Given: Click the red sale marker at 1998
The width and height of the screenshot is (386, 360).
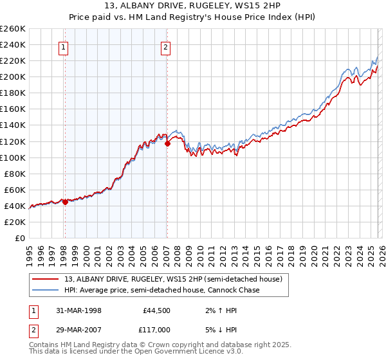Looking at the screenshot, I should tap(65, 202).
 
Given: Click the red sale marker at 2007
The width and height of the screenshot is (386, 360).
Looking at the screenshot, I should tap(167, 143).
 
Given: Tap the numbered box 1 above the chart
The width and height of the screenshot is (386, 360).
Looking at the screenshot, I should tap(65, 46).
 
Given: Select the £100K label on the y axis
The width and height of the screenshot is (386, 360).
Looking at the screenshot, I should tap(13, 157).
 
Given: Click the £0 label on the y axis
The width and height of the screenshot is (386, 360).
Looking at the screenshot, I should tap(19, 238).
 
